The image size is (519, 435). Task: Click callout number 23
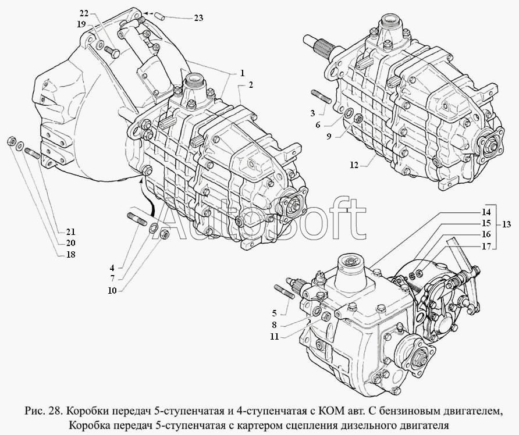[x=198, y=18]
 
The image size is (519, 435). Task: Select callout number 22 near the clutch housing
[x=84, y=13]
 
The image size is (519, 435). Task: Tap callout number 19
[x=81, y=24]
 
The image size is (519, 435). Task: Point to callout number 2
[x=251, y=85]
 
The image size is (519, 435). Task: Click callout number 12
[x=354, y=165]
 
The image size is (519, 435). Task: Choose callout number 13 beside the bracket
[x=506, y=224]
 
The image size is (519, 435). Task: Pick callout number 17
[x=486, y=247]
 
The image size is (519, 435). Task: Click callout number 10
[x=112, y=291]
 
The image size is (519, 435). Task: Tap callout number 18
[x=70, y=254]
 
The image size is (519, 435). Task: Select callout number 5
[x=274, y=312]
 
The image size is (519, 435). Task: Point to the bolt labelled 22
[x=112, y=52]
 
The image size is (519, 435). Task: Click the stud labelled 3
[x=321, y=98]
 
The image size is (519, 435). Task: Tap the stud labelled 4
[x=138, y=219]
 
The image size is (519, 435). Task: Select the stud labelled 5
[x=285, y=293]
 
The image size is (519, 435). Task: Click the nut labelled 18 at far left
[x=11, y=141]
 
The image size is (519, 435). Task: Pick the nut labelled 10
[x=165, y=234]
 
